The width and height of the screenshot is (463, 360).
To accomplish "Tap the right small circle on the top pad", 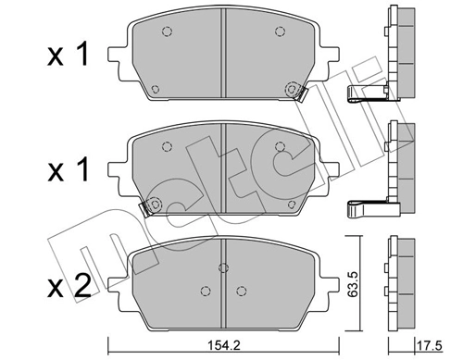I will [278, 32].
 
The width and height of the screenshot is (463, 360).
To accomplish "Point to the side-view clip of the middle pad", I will [364, 206].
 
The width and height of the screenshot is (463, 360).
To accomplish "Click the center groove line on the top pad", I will [222, 56].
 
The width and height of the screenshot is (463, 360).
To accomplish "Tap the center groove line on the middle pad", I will [222, 171].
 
